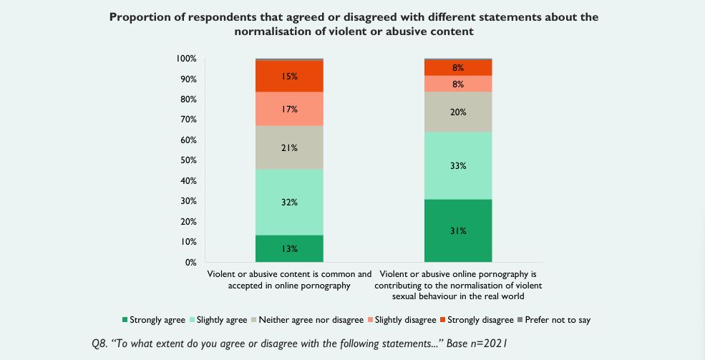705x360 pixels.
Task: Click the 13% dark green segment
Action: pos(289,248)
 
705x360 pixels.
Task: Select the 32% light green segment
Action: pos(289,202)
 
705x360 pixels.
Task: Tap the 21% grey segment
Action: pos(289,147)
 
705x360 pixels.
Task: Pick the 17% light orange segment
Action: pos(289,109)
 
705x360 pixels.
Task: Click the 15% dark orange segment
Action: pos(289,76)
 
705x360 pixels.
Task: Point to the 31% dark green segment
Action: pos(458,230)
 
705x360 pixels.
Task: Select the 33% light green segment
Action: pos(458,165)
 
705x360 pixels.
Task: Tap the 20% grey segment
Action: pos(458,112)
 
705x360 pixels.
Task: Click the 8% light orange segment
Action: pos(458,84)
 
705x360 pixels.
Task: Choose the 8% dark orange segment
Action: pos(458,67)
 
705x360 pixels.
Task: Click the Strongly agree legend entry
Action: pos(154,319)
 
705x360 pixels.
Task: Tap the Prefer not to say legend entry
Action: pos(555,319)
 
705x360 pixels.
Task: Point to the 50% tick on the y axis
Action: pos(188,160)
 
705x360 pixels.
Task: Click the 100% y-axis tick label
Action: pos(185,58)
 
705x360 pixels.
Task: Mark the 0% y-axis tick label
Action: pos(190,263)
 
